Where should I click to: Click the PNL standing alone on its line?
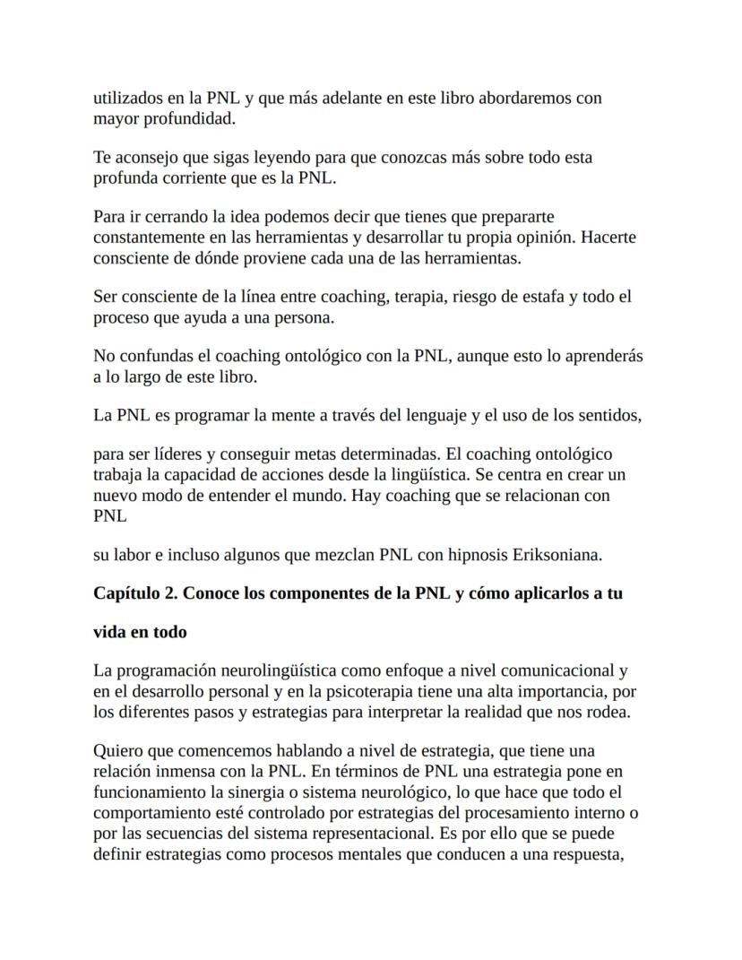(110, 516)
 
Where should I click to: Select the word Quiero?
(117, 751)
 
